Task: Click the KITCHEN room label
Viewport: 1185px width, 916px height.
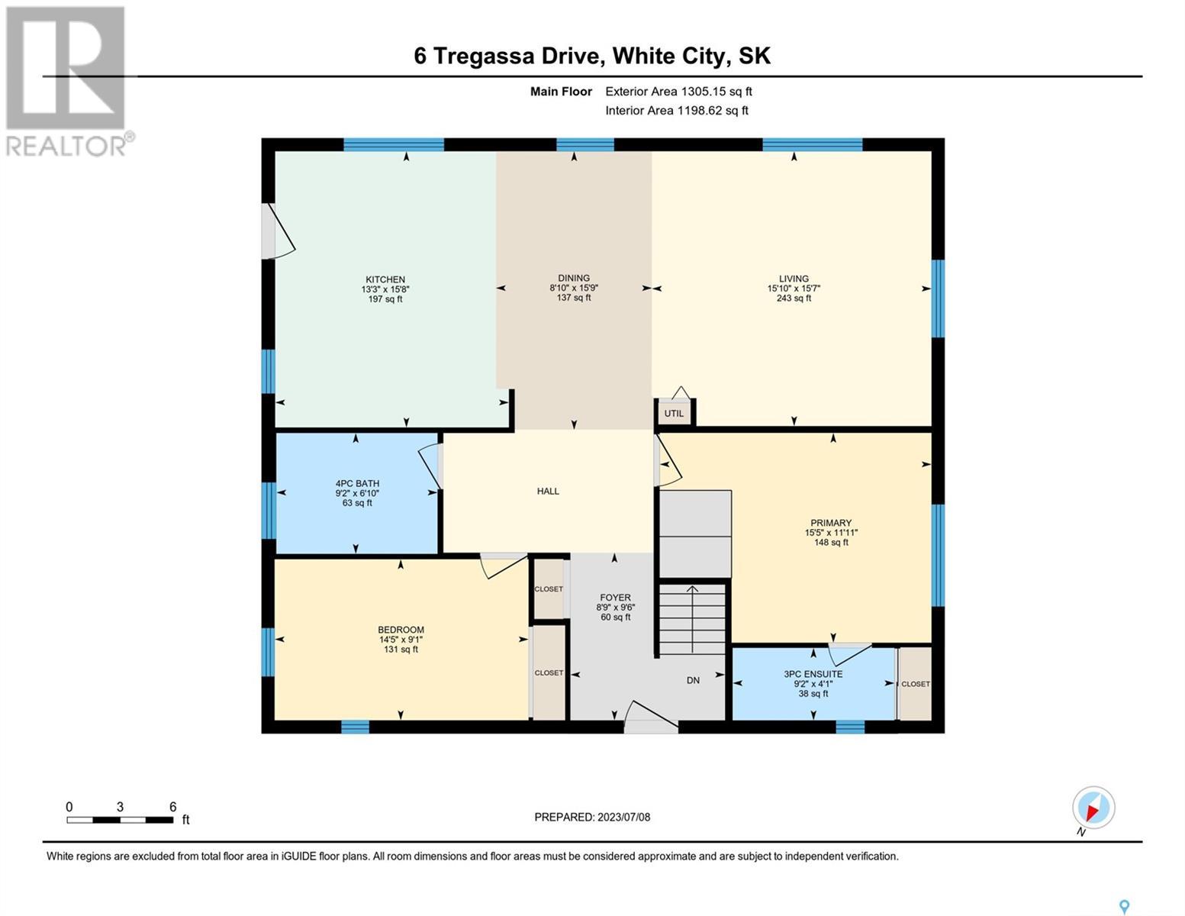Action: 385,279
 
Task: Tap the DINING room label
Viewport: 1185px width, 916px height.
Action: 574,278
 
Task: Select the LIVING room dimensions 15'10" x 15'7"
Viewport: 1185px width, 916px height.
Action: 794,288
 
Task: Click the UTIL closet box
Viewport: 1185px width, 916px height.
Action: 674,412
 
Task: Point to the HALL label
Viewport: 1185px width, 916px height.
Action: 548,491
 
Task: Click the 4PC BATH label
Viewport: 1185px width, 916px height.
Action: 357,483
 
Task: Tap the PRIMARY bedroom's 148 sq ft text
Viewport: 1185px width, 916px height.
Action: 831,542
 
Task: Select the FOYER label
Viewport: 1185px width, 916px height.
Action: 615,598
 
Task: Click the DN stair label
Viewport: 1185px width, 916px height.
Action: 693,680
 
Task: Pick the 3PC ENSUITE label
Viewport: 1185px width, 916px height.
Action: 813,674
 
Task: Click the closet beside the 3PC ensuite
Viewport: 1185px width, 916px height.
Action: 915,684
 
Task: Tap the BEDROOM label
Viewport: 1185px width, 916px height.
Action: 401,630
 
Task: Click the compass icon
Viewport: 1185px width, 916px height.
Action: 1093,808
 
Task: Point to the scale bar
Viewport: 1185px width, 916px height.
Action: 120,820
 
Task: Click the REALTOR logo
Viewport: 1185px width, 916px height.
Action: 68,82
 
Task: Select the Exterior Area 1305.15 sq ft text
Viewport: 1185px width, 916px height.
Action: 678,92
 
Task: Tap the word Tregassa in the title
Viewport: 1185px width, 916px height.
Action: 484,56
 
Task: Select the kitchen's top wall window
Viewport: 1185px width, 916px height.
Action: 394,144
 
